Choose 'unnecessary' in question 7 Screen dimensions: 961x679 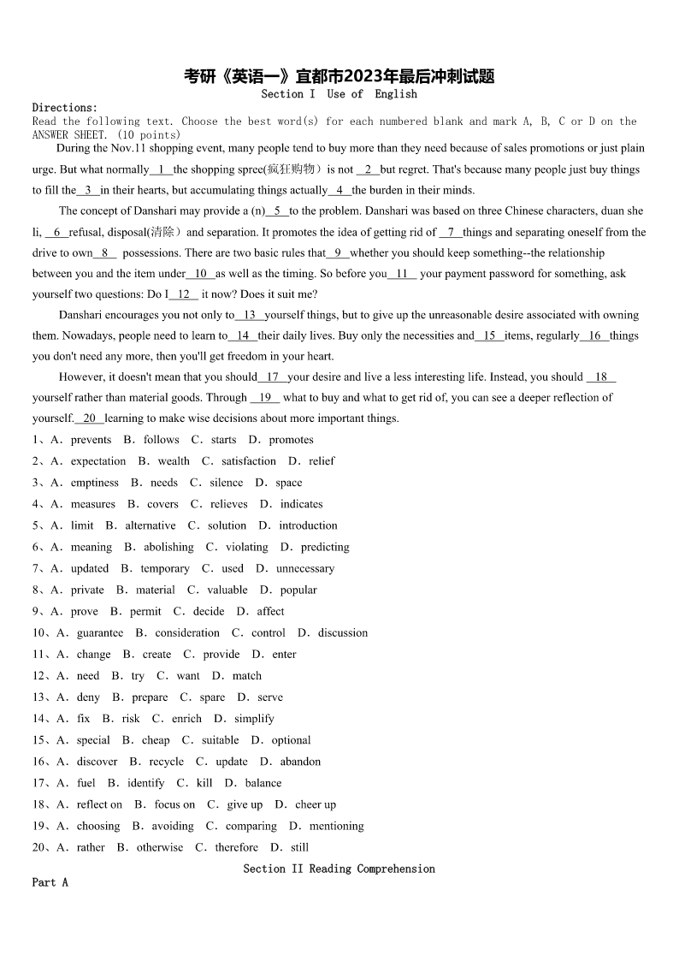[x=305, y=568]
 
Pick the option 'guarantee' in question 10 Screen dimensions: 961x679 [x=100, y=633]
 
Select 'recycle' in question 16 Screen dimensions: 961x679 [x=166, y=762]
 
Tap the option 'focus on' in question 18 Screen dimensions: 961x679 [x=174, y=804]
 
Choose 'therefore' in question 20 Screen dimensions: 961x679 [x=236, y=847]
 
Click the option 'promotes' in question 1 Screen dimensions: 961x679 [x=291, y=440]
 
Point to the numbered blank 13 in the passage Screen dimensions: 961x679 [x=250, y=315]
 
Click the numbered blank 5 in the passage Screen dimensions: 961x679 [x=277, y=211]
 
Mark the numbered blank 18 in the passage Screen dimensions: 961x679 [x=601, y=377]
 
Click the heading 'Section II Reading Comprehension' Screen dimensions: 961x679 [x=339, y=869]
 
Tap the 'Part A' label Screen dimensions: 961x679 [x=50, y=882]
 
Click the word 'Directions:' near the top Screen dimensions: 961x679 [x=65, y=108]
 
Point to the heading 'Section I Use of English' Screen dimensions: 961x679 [x=339, y=94]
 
